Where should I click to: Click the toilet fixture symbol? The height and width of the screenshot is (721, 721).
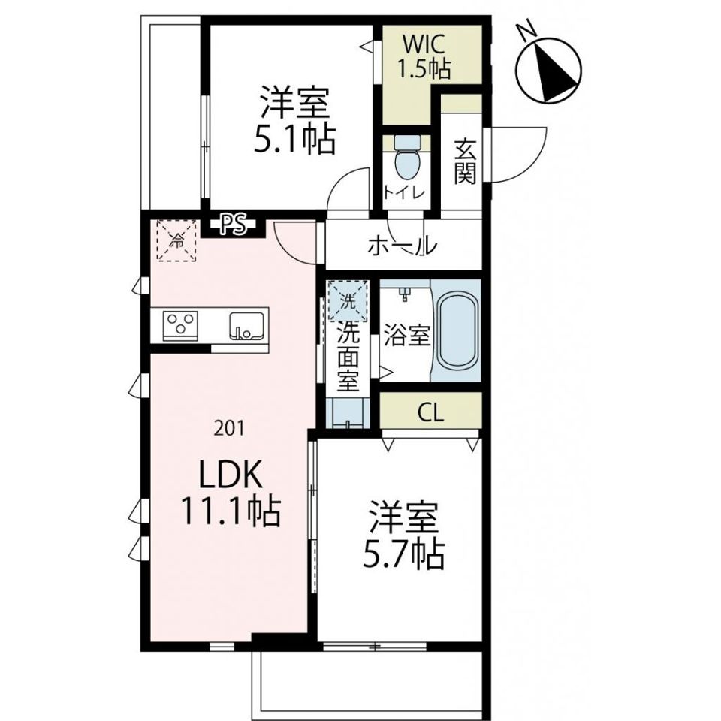(407, 158)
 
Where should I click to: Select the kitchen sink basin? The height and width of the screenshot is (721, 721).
(247, 326)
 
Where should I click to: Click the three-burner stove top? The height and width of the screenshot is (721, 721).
(181, 325)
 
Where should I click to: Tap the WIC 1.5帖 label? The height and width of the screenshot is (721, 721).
(423, 57)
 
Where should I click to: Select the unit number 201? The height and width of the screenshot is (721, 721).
(229, 429)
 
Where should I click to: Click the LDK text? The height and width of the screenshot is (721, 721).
(230, 475)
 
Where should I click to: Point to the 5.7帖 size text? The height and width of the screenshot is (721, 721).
(403, 556)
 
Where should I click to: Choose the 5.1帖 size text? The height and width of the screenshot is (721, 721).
(294, 138)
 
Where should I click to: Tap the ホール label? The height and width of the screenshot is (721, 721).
(401, 246)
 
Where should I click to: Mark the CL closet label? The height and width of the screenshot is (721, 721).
(431, 412)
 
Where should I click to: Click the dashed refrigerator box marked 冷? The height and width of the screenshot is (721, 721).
(177, 240)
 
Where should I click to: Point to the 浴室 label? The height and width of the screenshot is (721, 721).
(406, 335)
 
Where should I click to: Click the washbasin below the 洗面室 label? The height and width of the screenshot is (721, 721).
(348, 413)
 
